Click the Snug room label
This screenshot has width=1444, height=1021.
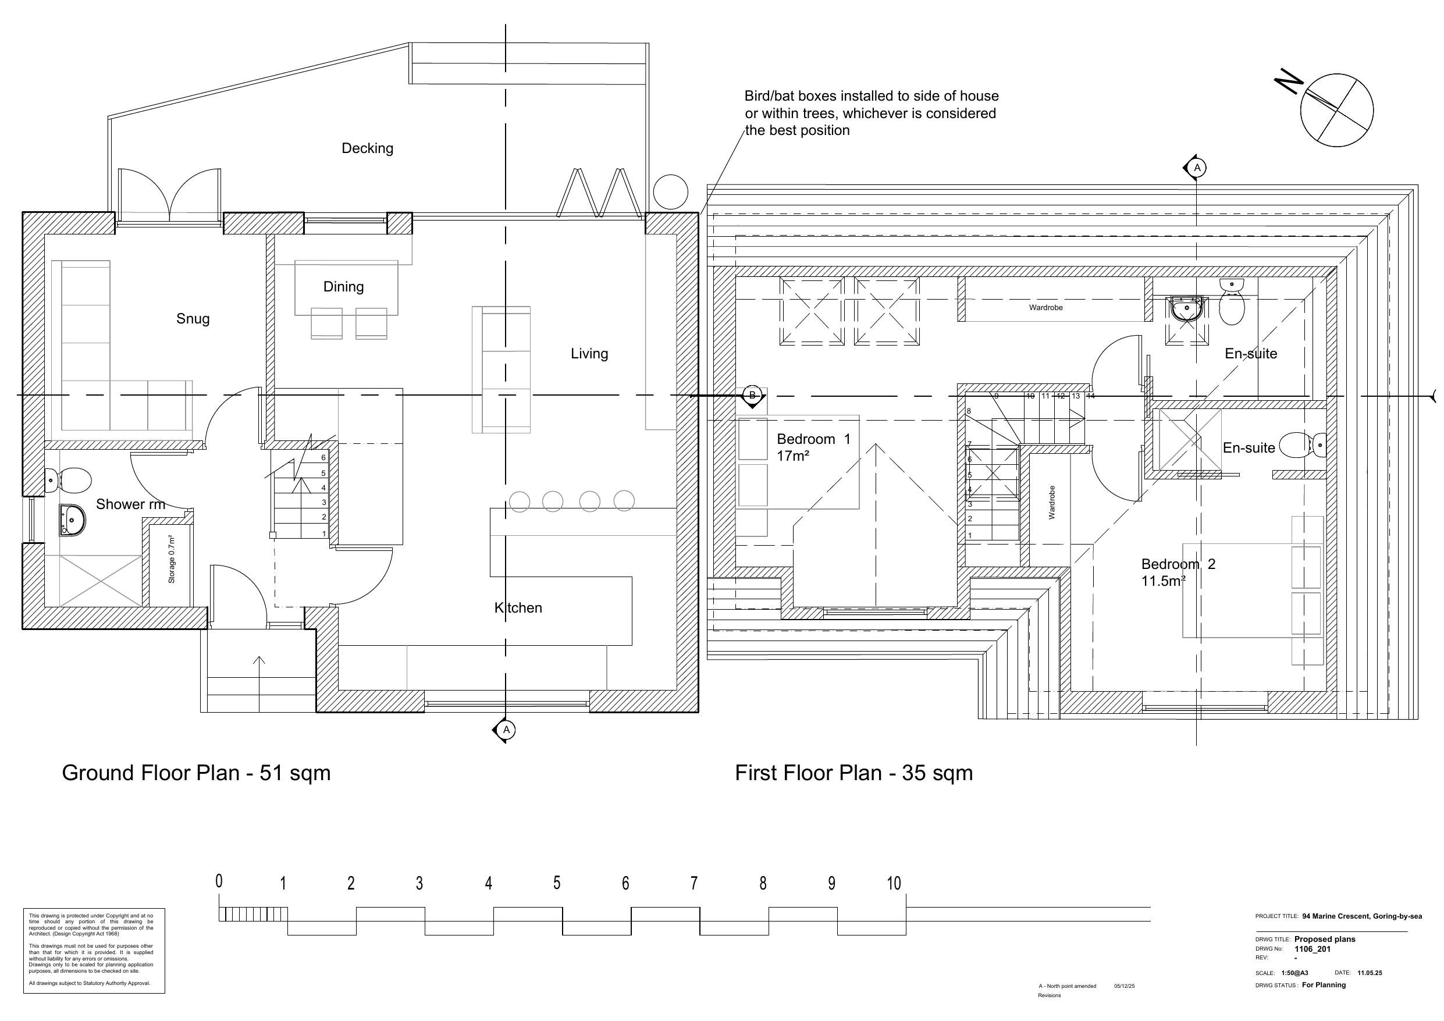pos(193,319)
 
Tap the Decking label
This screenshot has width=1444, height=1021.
pos(367,148)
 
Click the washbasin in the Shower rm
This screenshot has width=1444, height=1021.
pos(72,520)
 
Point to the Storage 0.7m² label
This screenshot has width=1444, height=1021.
pos(171,559)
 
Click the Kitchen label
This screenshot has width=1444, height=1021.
pos(518,608)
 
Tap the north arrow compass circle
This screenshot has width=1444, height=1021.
pos(1336,111)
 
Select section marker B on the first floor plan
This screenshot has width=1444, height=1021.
pos(752,395)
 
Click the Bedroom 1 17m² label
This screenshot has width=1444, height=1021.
pos(813,447)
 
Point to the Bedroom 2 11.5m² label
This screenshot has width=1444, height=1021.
pos(1178,572)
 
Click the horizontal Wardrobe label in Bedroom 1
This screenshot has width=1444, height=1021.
pos(1045,308)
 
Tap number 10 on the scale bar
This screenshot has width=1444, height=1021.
pos(894,884)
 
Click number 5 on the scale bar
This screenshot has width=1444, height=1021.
pos(557,883)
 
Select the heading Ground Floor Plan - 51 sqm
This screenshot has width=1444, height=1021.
pos(195,773)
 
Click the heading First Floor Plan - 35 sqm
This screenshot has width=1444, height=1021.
pos(853,773)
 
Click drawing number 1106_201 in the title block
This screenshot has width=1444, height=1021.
pos(1312,949)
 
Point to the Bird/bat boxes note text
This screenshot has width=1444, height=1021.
pos(871,113)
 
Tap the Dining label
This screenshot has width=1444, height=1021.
pos(343,287)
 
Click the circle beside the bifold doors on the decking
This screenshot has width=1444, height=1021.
pos(670,192)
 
